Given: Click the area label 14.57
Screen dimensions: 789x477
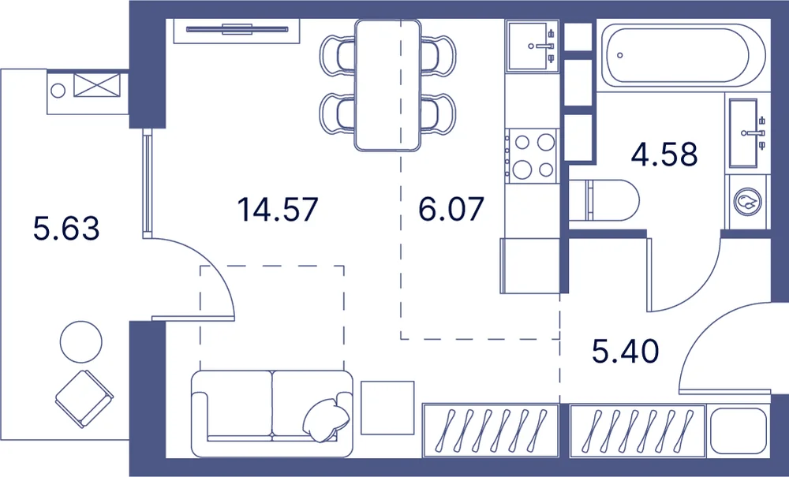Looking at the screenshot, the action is tap(278, 209).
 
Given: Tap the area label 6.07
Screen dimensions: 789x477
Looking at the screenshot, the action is tap(451, 209).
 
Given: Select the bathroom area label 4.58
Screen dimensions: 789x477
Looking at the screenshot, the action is tap(664, 154).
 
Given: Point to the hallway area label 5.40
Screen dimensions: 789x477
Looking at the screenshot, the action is tap(626, 351).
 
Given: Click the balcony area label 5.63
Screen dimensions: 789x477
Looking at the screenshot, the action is tap(66, 228).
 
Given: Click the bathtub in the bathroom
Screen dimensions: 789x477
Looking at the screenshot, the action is tap(683, 55).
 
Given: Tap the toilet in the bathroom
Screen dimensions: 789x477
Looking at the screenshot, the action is tap(604, 200).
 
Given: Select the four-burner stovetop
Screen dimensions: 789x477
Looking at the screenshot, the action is tap(533, 156).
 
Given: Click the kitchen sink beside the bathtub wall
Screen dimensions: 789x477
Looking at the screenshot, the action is tap(533, 47).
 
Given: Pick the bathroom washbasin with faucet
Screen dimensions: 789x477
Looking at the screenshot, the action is tap(746, 132).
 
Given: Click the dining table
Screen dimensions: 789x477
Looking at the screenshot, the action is tap(387, 85).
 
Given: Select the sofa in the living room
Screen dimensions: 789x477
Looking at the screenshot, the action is tap(271, 413).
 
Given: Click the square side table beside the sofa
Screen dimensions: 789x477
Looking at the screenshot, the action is tap(387, 407).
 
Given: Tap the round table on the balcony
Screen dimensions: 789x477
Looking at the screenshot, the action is tap(81, 342).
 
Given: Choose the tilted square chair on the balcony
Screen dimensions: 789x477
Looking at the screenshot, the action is tap(84, 399).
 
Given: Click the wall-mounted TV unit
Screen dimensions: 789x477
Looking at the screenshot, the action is tap(237, 31).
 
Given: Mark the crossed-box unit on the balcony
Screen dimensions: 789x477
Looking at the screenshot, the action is tap(97, 85).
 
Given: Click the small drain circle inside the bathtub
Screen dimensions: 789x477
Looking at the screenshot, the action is tap(620, 55).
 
